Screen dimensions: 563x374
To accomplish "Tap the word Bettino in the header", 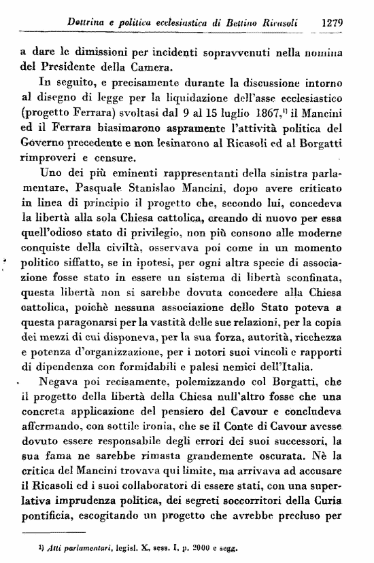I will click(242, 22).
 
